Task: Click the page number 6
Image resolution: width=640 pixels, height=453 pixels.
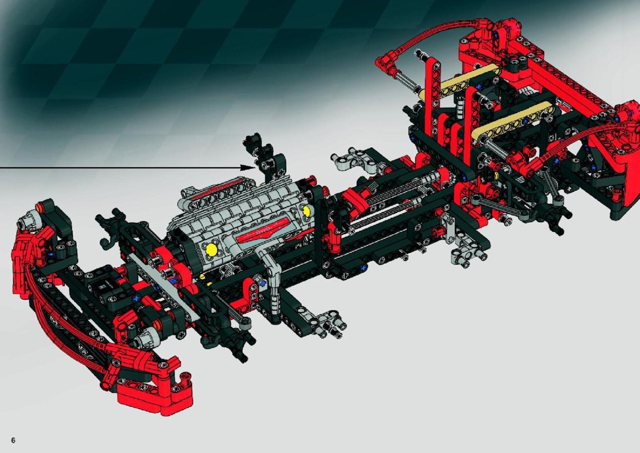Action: pos(13,440)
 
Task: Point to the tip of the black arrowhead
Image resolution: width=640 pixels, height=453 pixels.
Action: pos(255,167)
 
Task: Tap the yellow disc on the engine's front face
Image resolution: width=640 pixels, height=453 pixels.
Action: pos(212,249)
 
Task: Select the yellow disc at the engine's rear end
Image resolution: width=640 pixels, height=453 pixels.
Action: pos(306,210)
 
